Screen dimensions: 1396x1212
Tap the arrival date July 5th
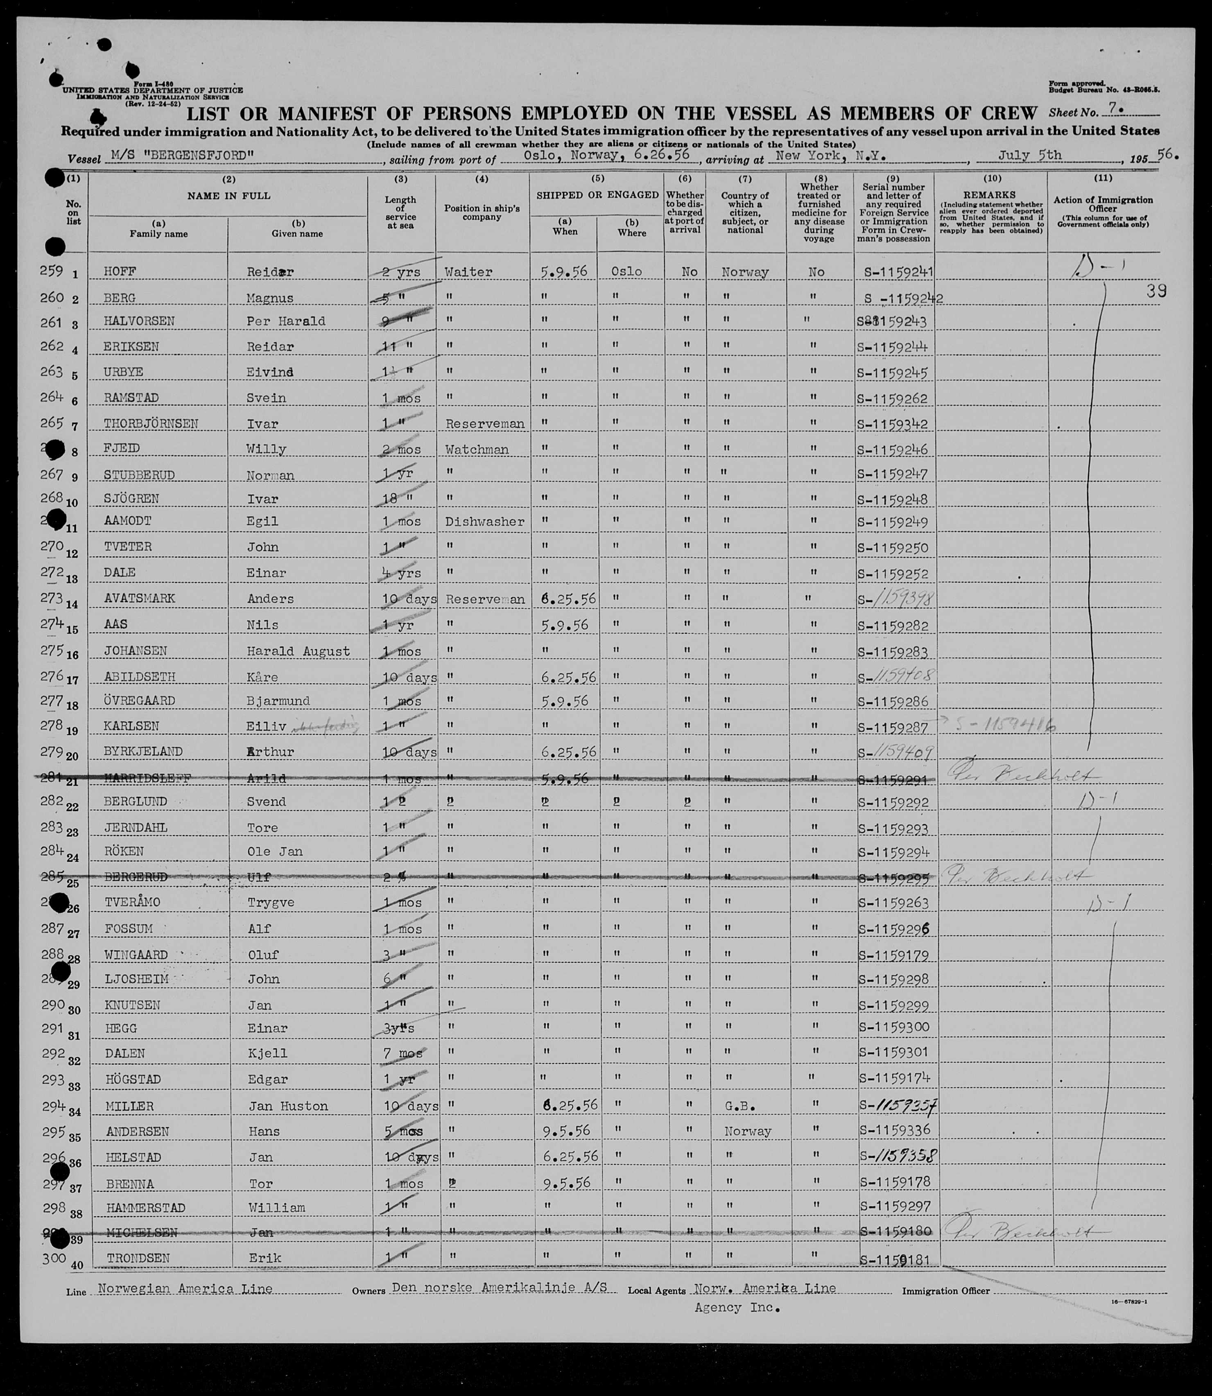[x=1029, y=156]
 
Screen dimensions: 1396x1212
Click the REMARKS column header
[x=992, y=195]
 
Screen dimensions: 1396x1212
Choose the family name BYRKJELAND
[x=143, y=752]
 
